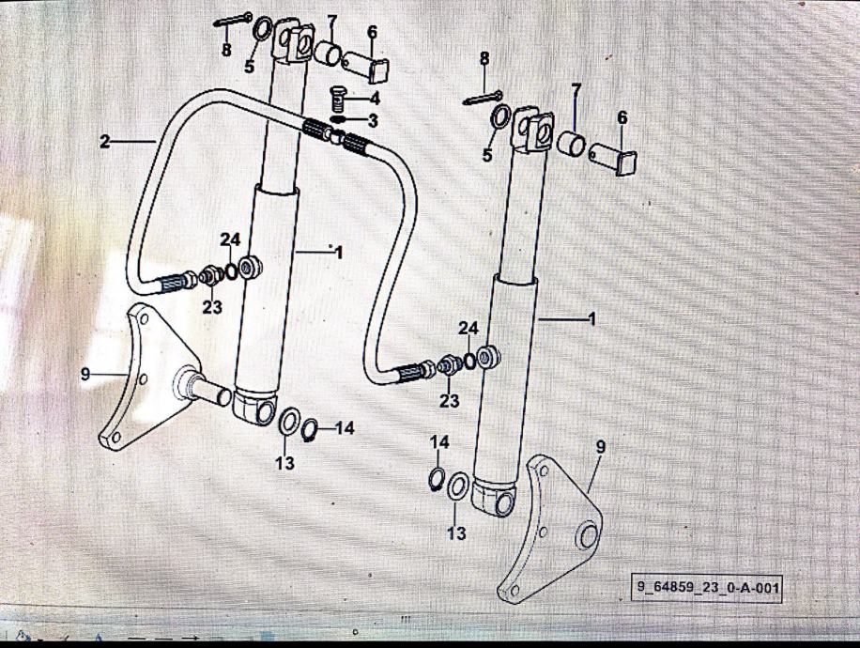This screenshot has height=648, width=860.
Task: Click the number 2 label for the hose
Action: coord(105,142)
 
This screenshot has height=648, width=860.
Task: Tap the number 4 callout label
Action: coord(375,99)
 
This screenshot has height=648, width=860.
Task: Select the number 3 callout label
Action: coord(373,121)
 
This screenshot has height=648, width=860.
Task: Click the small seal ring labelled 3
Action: coord(339,119)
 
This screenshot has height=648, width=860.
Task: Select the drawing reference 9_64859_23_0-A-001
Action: coord(706,588)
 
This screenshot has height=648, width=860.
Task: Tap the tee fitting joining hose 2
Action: coord(334,135)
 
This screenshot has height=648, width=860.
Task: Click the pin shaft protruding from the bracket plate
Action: coord(204,389)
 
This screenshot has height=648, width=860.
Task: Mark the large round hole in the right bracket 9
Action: coord(587,534)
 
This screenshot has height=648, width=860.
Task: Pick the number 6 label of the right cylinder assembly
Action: coord(622,118)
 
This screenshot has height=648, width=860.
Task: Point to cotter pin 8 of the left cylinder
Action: coord(233,21)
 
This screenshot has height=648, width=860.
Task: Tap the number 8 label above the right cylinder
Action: coord(484,59)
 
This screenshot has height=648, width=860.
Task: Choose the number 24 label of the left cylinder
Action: coord(230,240)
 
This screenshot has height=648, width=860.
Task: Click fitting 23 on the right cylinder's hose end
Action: coord(449,365)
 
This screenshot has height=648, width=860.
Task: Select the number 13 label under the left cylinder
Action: coord(285,463)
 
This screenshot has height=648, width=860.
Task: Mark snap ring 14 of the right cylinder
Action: coord(436,477)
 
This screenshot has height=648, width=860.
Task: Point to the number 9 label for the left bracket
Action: coord(85,375)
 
